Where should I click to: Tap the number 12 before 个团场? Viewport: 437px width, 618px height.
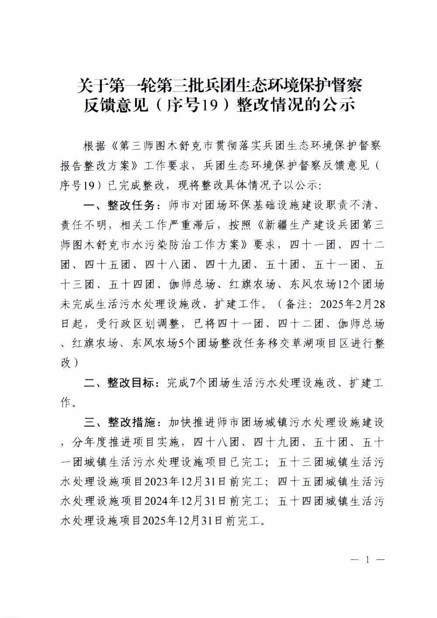344,285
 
